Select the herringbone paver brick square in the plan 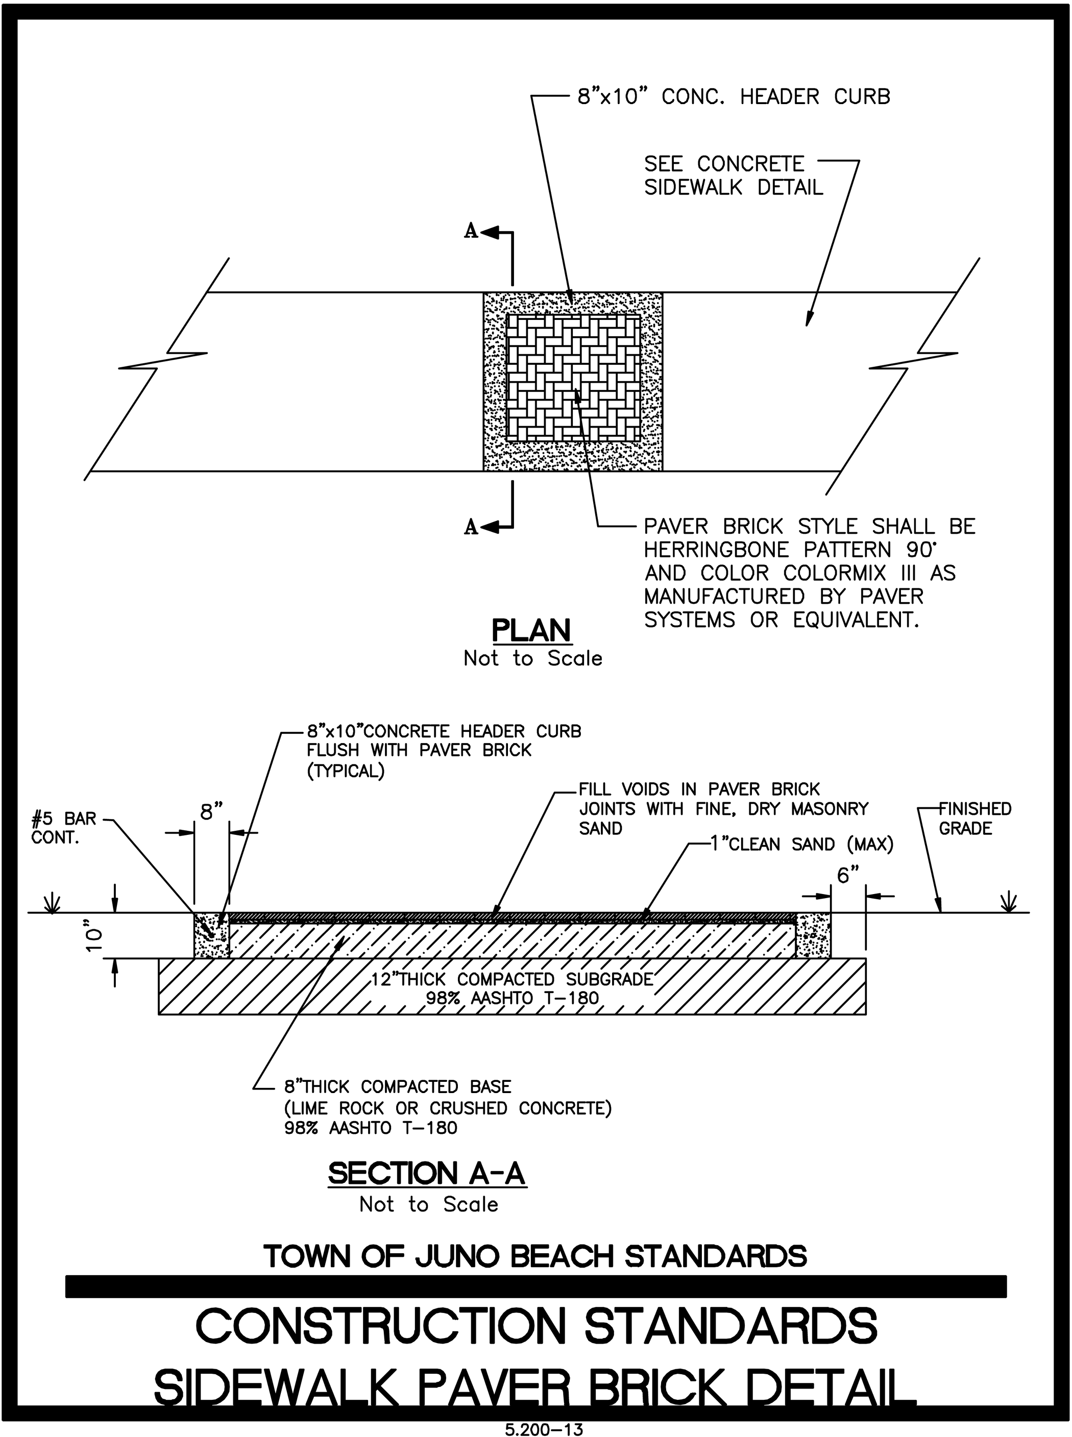point(573,378)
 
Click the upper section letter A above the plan point(471,231)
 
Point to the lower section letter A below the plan point(471,528)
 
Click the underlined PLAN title point(531,631)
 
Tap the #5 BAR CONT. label point(64,828)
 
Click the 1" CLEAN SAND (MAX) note point(802,844)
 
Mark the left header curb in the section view point(211,935)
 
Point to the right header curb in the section point(814,935)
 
